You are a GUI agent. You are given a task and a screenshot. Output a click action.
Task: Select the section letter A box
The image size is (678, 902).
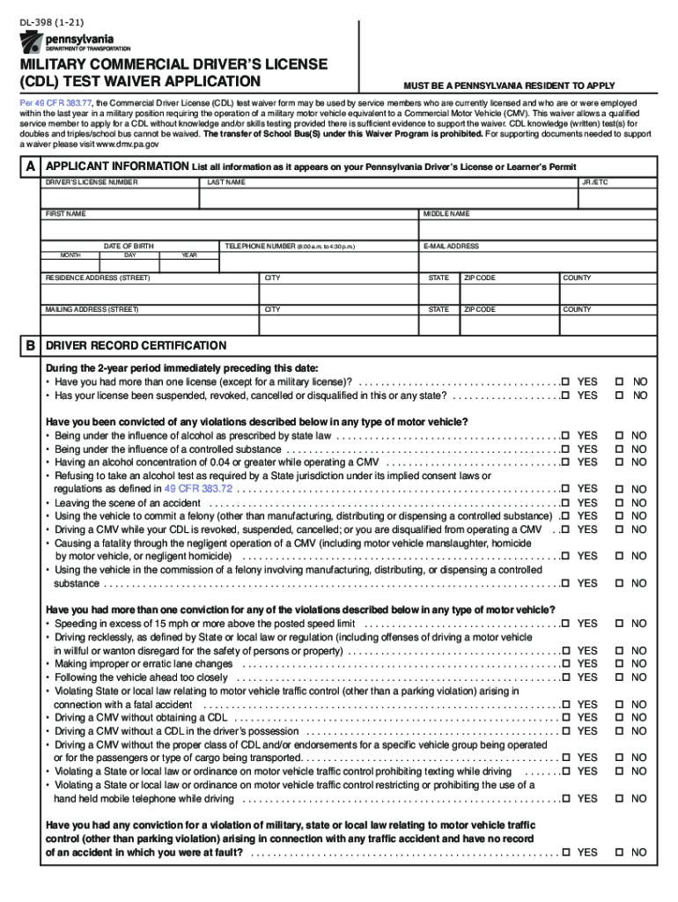31,166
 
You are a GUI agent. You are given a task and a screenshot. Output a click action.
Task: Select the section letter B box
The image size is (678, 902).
31,345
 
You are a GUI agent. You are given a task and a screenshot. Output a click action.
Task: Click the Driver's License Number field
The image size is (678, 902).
122,198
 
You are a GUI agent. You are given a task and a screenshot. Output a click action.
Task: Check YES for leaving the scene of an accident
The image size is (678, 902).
566,502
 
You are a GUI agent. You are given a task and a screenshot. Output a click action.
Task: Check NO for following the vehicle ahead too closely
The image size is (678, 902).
620,677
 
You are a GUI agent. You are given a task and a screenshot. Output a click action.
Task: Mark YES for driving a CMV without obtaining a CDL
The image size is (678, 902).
566,718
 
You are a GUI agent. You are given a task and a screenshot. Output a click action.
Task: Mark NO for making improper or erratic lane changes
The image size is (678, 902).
620,664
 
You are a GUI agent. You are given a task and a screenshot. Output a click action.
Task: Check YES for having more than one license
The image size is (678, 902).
566,381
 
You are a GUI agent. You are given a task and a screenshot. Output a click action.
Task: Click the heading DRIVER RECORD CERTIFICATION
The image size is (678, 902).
136,345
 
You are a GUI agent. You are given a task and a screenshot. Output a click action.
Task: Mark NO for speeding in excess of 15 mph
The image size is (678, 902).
620,624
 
